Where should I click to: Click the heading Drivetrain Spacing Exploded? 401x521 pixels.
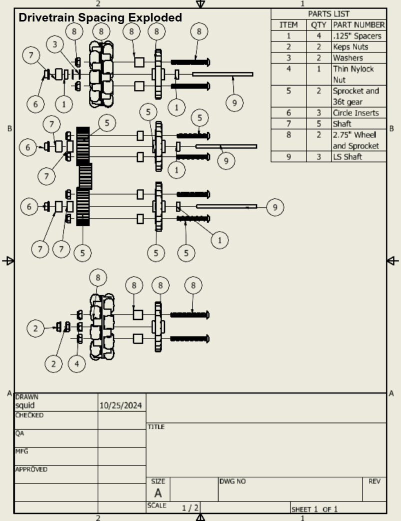tap(100, 18)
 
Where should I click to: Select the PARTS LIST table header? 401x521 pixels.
tap(328, 14)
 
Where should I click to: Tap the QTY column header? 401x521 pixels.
tap(318, 25)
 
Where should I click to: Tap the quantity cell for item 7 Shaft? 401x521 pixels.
tap(318, 123)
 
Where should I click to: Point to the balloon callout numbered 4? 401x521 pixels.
tap(76, 363)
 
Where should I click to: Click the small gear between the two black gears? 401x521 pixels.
tap(85, 176)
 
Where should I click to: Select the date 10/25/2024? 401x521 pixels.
tap(121, 405)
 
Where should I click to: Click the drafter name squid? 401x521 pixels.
tap(25, 405)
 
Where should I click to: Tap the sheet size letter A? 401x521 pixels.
tap(157, 493)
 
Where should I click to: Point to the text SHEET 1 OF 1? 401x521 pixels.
tap(314, 509)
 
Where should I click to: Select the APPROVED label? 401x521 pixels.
tap(31, 469)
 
